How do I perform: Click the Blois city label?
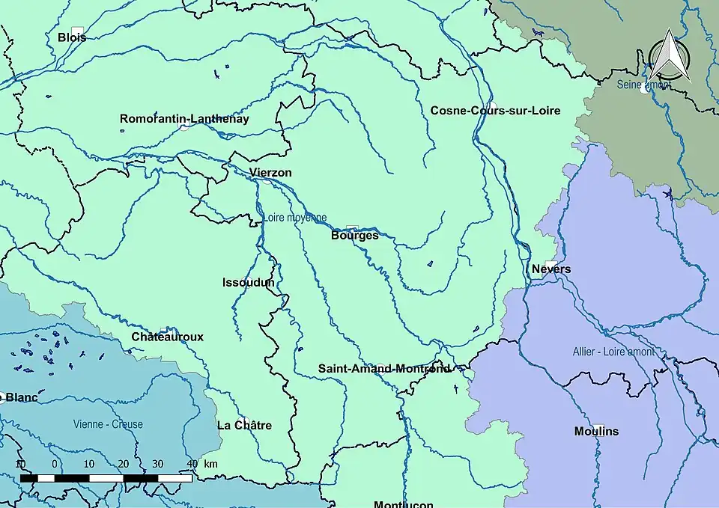coord(72,37)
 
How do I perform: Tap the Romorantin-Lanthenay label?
coord(184,119)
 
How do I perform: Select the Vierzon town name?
coord(270,173)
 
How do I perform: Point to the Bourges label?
coord(354,235)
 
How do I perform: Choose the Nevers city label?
coord(551,269)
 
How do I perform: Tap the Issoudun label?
coord(249,283)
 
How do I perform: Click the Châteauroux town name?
coord(167,337)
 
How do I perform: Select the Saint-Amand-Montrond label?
coord(384,369)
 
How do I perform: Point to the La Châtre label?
coord(244,426)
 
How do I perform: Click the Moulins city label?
coord(596,432)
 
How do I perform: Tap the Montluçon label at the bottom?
coord(403,504)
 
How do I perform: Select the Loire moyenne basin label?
coord(294,218)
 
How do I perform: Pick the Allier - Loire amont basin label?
coord(613,352)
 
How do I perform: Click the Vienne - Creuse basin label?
coord(108,424)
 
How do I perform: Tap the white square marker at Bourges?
coord(352,227)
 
